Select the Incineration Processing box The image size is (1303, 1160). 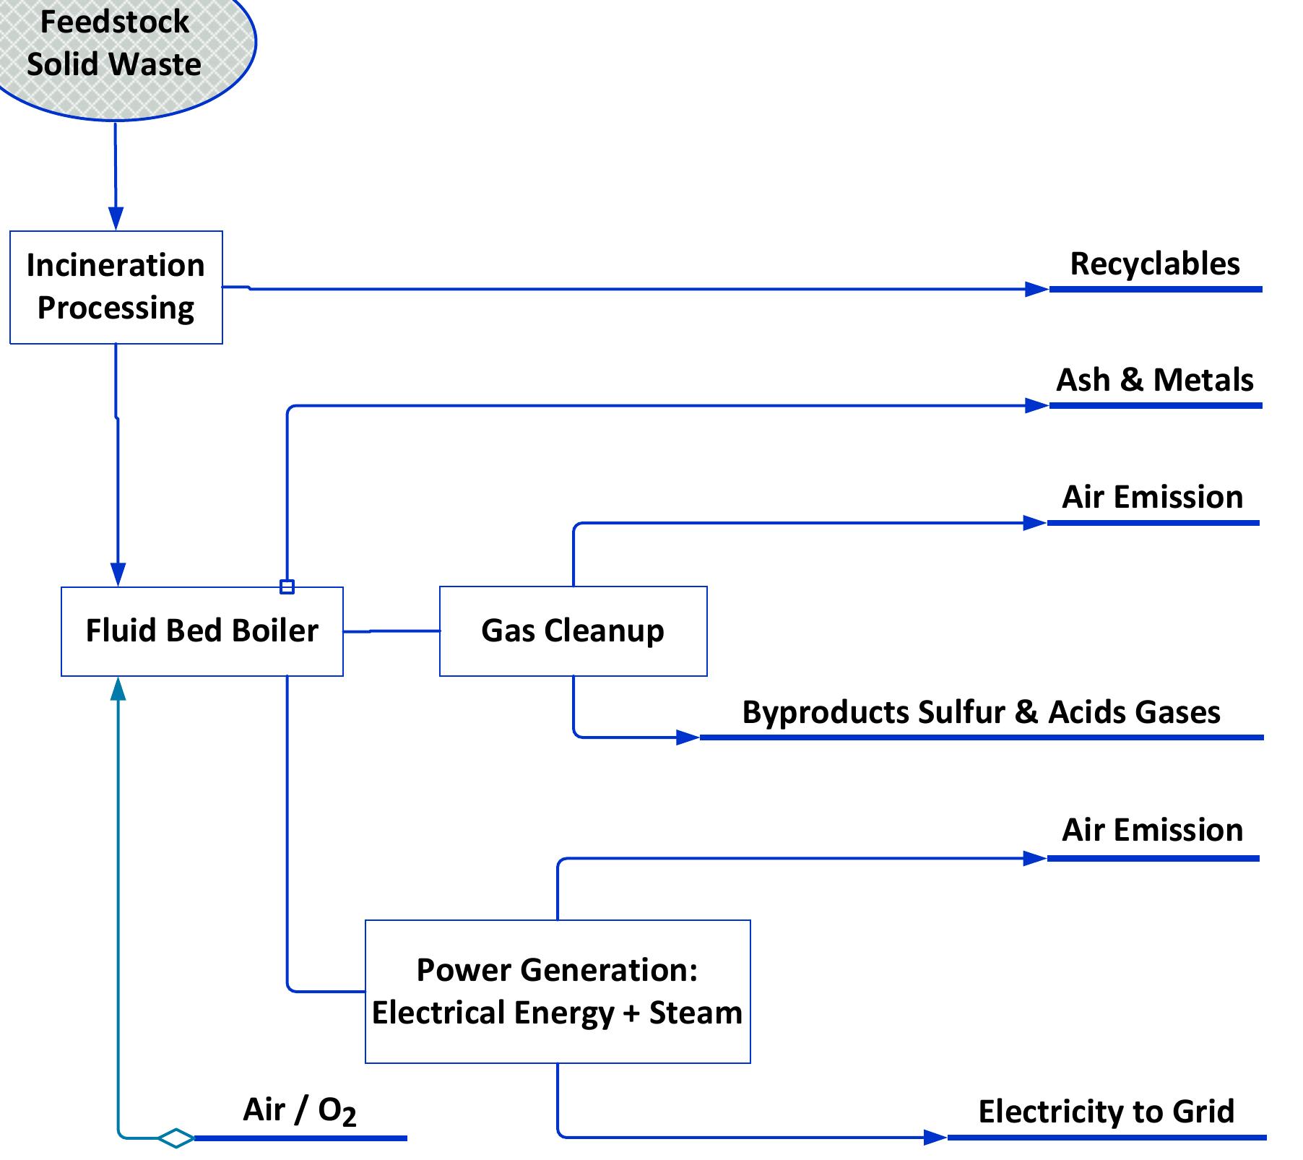pyautogui.click(x=116, y=287)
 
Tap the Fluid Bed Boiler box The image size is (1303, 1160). pyautogui.click(x=202, y=631)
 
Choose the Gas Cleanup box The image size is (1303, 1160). pyautogui.click(x=573, y=631)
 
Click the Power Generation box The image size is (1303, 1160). pyautogui.click(x=558, y=991)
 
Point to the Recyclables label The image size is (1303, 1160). pyautogui.click(x=1154, y=264)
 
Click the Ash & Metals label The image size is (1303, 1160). pyautogui.click(x=1154, y=380)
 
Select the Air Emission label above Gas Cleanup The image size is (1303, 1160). pyautogui.click(x=1152, y=497)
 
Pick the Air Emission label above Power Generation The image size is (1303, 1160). pyautogui.click(x=1152, y=830)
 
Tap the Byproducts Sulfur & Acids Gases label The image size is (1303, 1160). pyautogui.click(x=981, y=712)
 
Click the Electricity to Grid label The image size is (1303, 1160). pyautogui.click(x=1106, y=1111)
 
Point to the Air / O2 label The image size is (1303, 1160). pyautogui.click(x=299, y=1110)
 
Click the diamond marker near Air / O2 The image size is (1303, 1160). pyautogui.click(x=176, y=1138)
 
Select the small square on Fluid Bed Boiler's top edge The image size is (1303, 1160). pyautogui.click(x=287, y=587)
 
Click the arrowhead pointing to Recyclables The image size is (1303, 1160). pyautogui.click(x=1036, y=289)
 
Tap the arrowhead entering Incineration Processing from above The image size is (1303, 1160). pyautogui.click(x=116, y=218)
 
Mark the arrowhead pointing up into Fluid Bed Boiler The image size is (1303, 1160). pyautogui.click(x=118, y=688)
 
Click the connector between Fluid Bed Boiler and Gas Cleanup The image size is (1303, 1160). pyautogui.click(x=391, y=631)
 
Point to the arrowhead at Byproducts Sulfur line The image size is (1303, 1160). pyautogui.click(x=687, y=737)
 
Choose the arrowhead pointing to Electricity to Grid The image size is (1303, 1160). pyautogui.click(x=935, y=1138)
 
